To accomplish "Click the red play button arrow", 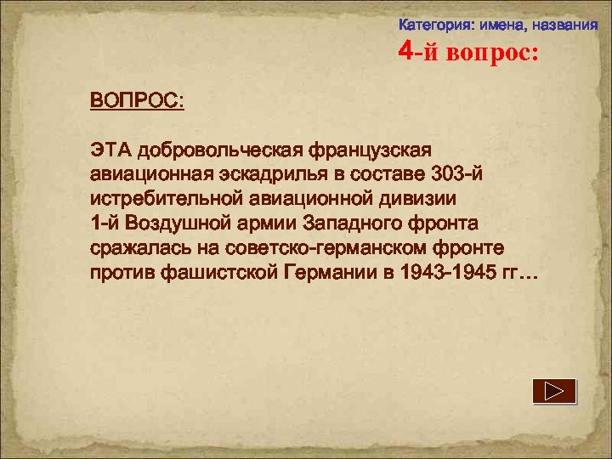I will tap(554, 391).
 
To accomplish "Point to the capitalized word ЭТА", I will tap(112, 150).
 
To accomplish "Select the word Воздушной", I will tap(182, 224).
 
